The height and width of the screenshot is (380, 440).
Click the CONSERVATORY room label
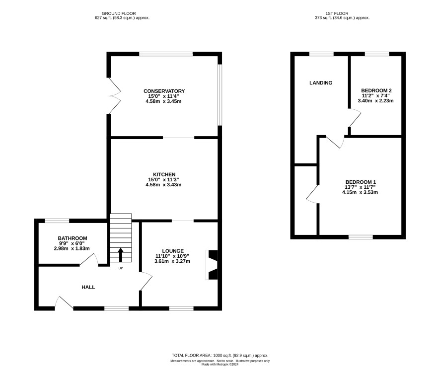point(164,91)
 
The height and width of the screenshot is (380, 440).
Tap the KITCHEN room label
point(164,174)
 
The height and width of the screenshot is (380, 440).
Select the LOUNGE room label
point(173,251)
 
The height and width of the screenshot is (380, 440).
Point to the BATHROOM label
point(73,238)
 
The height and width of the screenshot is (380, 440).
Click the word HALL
point(88,287)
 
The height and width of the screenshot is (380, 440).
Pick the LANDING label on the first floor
point(321,83)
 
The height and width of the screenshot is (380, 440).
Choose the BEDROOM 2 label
point(376,90)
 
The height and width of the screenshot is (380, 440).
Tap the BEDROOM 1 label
point(361,182)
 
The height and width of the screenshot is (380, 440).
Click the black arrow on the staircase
point(121,255)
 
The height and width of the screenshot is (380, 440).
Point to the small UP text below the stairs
point(121,268)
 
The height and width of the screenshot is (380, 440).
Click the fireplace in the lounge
point(213,265)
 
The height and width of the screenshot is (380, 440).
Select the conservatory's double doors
point(115,96)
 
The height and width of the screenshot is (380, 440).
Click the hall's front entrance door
point(64,303)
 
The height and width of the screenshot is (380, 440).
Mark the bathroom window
point(57,221)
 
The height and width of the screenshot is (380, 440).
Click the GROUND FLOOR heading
point(119,13)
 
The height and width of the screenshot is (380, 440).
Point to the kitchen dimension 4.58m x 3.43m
point(163,185)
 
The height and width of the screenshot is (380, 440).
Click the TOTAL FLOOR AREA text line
point(220,355)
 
